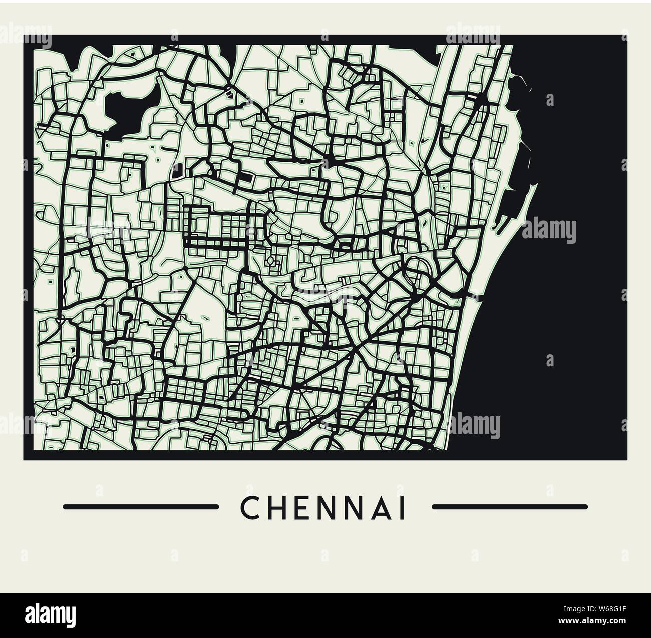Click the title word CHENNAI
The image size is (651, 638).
click(323, 508)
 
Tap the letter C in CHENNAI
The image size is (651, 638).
click(249, 508)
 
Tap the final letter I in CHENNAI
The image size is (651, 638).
click(402, 508)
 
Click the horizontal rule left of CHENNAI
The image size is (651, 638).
click(141, 507)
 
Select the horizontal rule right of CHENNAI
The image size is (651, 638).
click(509, 507)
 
